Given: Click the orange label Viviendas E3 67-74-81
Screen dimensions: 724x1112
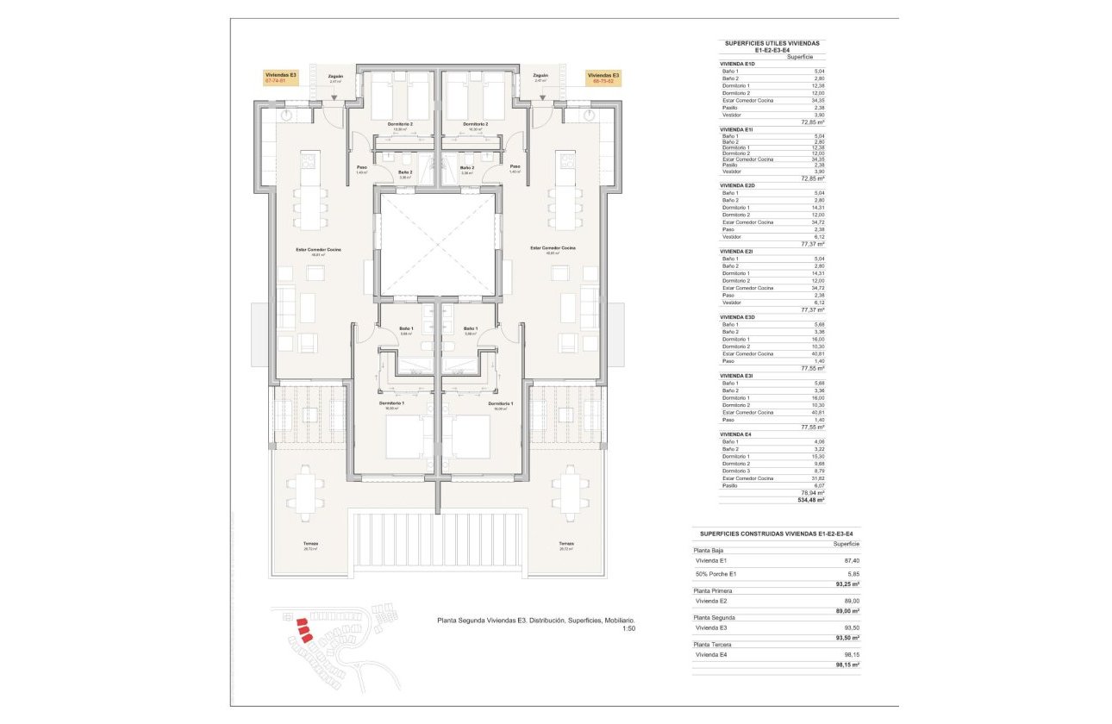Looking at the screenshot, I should [281, 78].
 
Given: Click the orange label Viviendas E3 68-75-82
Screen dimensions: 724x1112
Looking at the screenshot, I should [603, 78].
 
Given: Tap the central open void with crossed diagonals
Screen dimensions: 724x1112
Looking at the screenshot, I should [437, 245].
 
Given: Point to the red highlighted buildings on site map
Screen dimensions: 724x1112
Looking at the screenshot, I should [303, 632].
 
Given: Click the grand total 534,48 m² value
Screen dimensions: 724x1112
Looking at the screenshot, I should [811, 499].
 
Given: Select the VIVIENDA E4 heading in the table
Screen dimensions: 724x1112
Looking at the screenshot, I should [737, 434].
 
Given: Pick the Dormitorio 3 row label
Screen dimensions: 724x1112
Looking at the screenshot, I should [737, 471].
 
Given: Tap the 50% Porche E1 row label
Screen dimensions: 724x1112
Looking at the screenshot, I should [716, 573].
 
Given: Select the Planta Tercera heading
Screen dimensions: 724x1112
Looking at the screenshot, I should [714, 644].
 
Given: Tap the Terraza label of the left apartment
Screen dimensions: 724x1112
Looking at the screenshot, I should [310, 544].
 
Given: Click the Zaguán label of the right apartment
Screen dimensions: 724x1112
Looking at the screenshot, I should [540, 76].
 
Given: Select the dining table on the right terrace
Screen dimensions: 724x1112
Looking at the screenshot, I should [569, 492].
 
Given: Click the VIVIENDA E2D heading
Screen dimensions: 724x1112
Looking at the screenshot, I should [738, 185].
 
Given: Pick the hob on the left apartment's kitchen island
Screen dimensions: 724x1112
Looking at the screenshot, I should [309, 160].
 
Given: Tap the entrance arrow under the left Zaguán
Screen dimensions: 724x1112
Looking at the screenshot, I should [334, 97].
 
